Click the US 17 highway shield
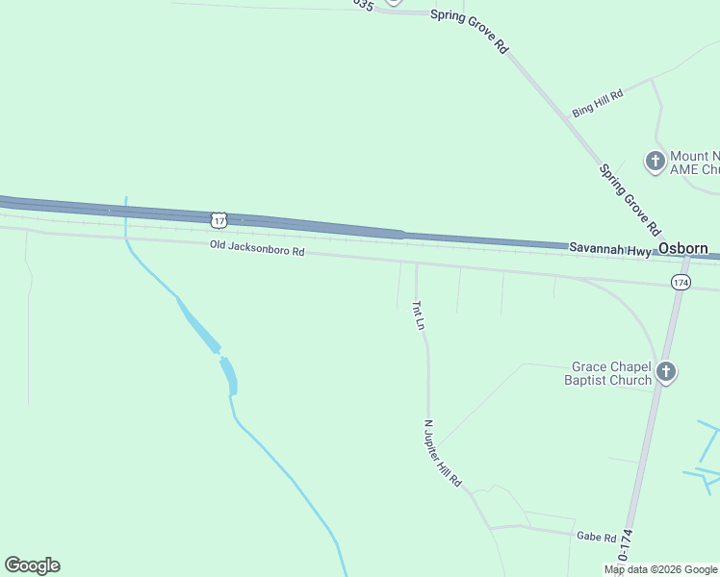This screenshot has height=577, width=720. point(219,220)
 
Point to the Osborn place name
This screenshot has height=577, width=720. point(683,248)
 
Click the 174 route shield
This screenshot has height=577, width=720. point(681,282)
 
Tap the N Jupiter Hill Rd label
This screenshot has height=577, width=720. point(444,452)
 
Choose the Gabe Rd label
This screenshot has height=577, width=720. point(596,537)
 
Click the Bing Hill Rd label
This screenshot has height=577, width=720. point(598,103)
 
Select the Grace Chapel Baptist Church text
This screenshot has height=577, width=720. point(611,373)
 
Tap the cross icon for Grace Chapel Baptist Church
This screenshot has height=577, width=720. point(666,373)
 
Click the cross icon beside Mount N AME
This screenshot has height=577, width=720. point(656,162)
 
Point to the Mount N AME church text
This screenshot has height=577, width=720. point(695,163)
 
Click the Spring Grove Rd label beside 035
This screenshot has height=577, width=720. point(469,30)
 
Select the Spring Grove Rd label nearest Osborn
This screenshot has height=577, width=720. point(630,200)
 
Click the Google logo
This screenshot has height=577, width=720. point(32,564)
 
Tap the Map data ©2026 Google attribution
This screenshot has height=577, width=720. point(660,569)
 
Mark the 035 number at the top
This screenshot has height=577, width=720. point(362,5)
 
